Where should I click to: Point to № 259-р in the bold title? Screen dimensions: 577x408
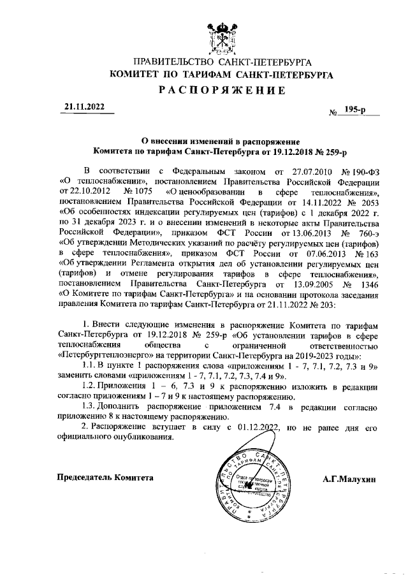click(328, 153)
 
